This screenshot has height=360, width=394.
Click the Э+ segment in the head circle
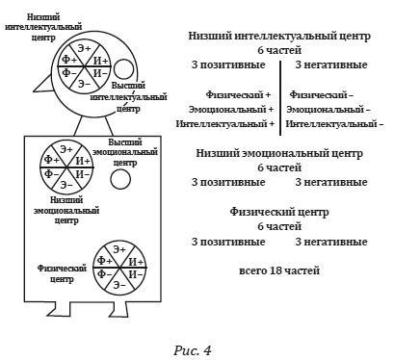(85, 47)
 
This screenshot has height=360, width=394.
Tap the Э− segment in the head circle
(85, 84)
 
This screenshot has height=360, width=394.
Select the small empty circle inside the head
(124, 68)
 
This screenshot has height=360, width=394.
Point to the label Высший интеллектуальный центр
(121, 97)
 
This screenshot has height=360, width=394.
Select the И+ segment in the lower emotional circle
(83, 160)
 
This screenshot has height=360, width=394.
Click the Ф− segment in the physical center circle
(102, 274)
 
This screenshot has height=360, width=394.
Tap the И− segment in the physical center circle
(135, 274)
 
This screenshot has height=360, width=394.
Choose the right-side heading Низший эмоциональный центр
(278, 152)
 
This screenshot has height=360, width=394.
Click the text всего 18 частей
(278, 271)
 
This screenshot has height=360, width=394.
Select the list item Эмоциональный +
(231, 110)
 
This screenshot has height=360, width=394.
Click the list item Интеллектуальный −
(334, 124)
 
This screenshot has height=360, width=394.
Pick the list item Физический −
(321, 95)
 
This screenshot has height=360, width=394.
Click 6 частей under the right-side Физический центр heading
(278, 226)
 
